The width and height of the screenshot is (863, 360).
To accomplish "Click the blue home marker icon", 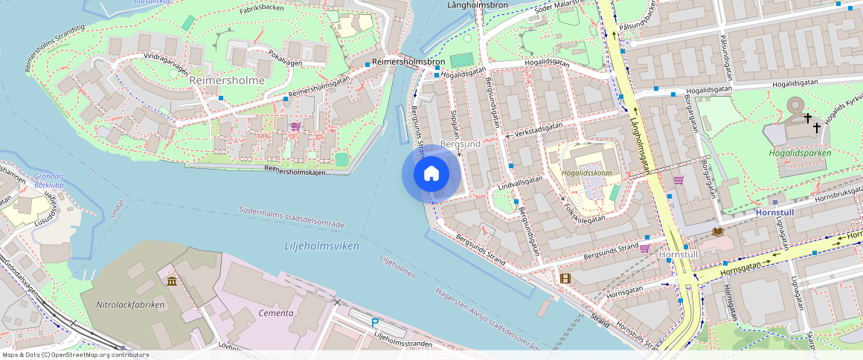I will coord(431,174).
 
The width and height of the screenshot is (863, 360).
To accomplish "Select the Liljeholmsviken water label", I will coord(321,245).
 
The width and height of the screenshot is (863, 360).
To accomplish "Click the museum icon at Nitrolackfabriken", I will coord(172,281).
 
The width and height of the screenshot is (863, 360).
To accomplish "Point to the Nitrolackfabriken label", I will coord(131,304).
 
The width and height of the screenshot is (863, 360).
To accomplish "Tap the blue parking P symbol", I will coord(375,322).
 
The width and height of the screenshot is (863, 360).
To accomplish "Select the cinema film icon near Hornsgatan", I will coord(565,279).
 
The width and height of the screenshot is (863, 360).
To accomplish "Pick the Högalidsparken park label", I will coord(800,153).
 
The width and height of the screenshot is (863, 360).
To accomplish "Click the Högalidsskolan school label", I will coord(586,173).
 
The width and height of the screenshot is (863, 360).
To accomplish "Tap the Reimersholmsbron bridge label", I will coord(408,62).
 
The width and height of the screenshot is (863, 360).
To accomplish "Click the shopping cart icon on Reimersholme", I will coord(296,126).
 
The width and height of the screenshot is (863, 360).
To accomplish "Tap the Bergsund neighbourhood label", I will coord(461,143).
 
